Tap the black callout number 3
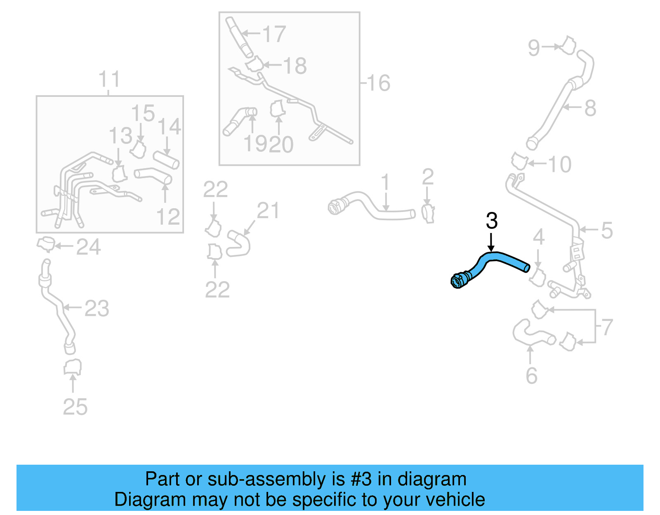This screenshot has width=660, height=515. click(492, 221)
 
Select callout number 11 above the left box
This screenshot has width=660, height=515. click(109, 79)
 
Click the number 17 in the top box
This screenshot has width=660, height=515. click(274, 34)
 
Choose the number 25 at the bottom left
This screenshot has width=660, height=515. click(75, 407)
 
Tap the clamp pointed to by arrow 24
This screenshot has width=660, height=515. click(46, 244)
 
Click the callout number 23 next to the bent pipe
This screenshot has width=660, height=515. click(97, 308)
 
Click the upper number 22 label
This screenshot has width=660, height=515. click(215, 190)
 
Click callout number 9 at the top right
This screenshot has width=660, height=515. click(534, 48)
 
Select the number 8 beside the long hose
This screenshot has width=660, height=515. click(590, 108)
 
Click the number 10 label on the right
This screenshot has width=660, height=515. click(560, 165)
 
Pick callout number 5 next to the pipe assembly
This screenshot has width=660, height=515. click(606, 230)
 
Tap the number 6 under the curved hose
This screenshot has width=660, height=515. click(531, 376)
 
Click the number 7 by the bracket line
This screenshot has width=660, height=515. click(607, 327)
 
